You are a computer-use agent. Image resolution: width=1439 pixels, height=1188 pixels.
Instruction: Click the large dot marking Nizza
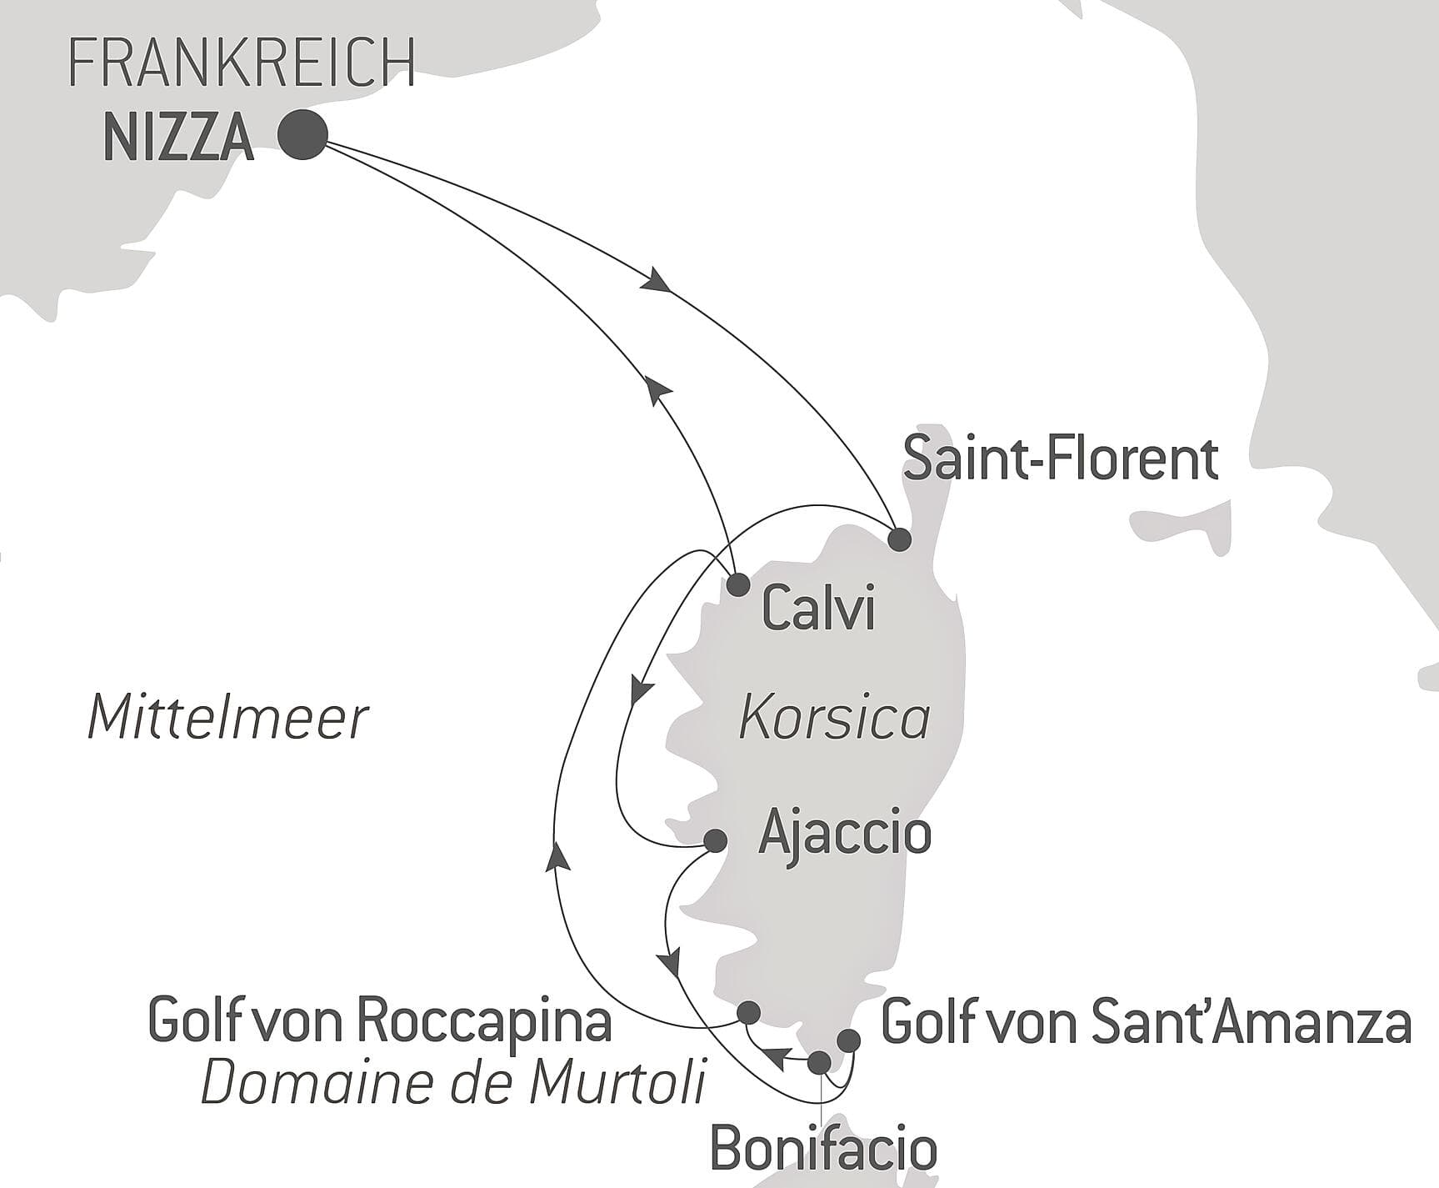pyautogui.click(x=302, y=134)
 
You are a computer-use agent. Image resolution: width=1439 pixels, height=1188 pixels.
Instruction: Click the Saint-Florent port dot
pyautogui.click(x=899, y=539)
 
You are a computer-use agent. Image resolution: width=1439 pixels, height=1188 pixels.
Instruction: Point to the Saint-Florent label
pyautogui.click(x=1061, y=459)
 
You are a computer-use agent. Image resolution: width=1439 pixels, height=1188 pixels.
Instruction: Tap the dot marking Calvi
pyautogui.click(x=738, y=584)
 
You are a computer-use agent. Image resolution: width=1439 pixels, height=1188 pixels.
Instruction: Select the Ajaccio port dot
pyautogui.click(x=715, y=840)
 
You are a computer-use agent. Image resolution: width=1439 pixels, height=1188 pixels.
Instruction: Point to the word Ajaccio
pyautogui.click(x=844, y=833)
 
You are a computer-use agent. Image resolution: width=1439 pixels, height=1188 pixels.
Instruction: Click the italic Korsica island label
pyautogui.click(x=834, y=719)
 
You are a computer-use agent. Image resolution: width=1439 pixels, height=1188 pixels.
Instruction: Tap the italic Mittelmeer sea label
pyautogui.click(x=227, y=719)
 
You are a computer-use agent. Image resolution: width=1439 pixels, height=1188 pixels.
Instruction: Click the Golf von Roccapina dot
pyautogui.click(x=749, y=1012)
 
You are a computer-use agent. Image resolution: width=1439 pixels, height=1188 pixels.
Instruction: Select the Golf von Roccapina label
pyautogui.click(x=380, y=1020)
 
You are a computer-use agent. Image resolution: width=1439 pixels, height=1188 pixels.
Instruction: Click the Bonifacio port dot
pyautogui.click(x=820, y=1062)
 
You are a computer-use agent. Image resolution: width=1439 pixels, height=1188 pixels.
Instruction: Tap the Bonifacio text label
pyautogui.click(x=823, y=1150)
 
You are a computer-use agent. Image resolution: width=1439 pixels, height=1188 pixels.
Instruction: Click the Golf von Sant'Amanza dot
pyautogui.click(x=848, y=1040)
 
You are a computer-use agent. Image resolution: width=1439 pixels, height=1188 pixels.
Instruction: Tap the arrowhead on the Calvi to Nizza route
pyautogui.click(x=658, y=388)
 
